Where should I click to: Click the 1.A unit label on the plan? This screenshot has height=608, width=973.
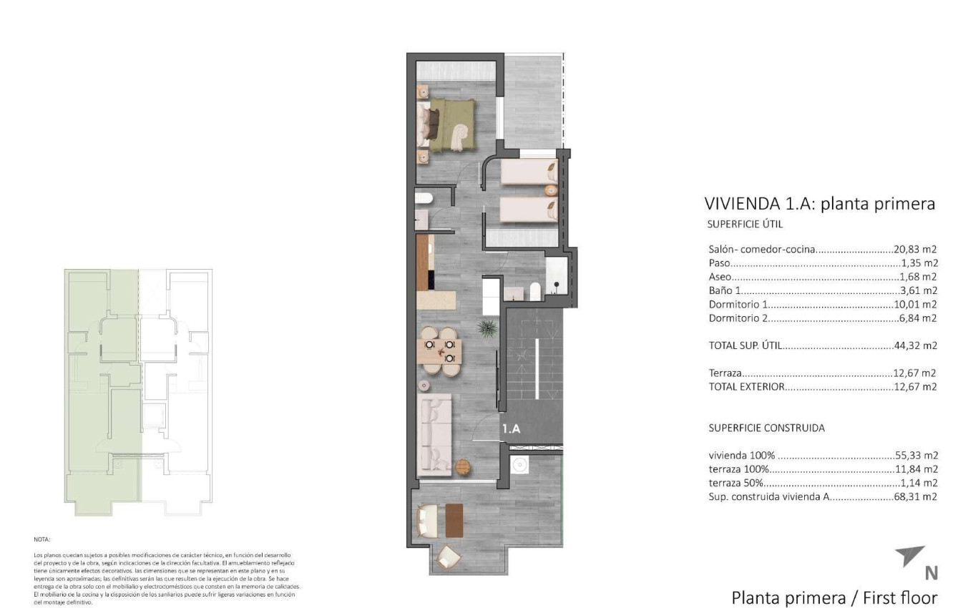pos(510,429)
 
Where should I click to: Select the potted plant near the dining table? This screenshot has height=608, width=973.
pos(487,328)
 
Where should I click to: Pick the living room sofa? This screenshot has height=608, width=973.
pos(434,435)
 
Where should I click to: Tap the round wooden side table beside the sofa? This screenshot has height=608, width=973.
pos(464,466)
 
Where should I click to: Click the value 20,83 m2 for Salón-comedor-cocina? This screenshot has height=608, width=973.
pos(915,250)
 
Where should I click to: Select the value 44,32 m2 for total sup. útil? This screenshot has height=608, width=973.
pos(915,345)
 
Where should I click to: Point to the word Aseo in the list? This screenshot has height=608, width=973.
pos(720,277)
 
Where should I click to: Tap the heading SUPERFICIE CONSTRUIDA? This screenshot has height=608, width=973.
pos(766,428)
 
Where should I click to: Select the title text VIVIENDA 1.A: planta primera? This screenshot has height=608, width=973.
pos(819,204)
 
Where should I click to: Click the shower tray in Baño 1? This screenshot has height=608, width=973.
pos(555,276)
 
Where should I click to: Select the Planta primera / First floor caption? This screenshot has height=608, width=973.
pos(833,597)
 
